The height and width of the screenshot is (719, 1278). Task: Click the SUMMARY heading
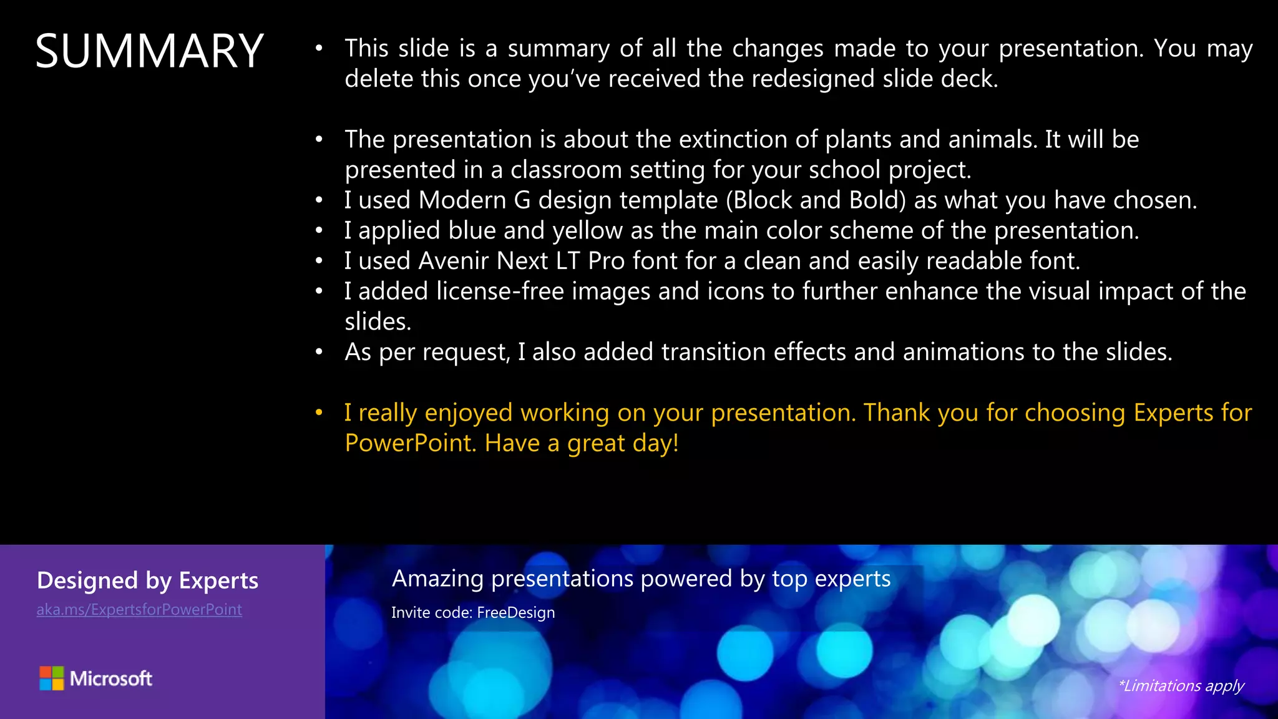[150, 51]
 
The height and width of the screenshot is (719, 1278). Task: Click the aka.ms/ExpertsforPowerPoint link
[139, 610]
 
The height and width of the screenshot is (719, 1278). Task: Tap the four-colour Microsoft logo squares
[52, 678]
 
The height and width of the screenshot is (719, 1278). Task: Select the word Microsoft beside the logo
[111, 678]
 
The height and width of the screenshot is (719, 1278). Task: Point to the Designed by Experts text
[147, 581]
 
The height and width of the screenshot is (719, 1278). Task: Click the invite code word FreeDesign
[516, 613]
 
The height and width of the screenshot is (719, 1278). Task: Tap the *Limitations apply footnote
[1181, 686]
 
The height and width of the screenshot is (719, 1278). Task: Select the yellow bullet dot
[319, 413]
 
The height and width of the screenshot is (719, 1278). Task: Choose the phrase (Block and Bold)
[816, 200]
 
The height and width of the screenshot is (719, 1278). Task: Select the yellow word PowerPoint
[411, 443]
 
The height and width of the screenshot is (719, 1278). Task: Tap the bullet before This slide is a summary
[319, 48]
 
